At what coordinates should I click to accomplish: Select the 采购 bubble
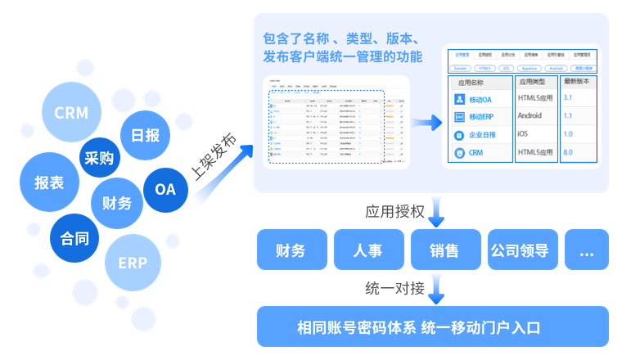(x=99, y=159)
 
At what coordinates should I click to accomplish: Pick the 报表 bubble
(x=47, y=183)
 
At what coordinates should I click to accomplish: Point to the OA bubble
(x=165, y=189)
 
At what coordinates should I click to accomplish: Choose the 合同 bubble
(x=74, y=239)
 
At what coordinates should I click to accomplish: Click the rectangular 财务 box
(x=291, y=250)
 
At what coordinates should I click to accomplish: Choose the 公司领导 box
(x=519, y=250)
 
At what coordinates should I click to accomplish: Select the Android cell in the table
(x=530, y=116)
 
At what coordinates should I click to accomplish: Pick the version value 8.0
(x=568, y=152)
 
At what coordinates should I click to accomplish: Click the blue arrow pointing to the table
(x=422, y=123)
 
